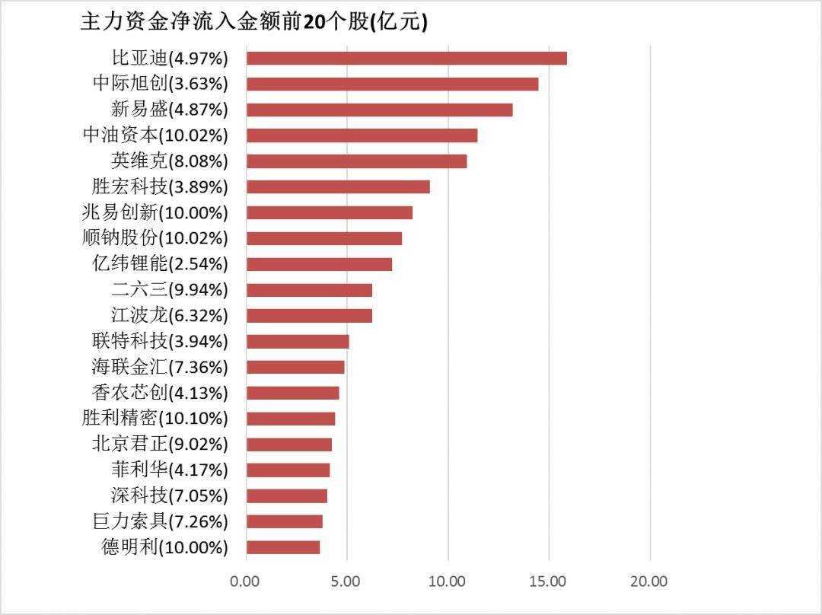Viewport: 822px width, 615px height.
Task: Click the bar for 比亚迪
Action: (x=406, y=58)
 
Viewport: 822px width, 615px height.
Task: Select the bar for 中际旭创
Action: (x=392, y=84)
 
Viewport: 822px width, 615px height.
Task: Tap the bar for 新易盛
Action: (x=379, y=110)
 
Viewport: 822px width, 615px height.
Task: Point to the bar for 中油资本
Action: (x=362, y=135)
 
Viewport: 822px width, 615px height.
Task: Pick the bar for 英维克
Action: (x=356, y=161)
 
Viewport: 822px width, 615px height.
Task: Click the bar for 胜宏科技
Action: (x=338, y=186)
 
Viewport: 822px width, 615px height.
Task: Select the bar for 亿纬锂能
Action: (x=319, y=264)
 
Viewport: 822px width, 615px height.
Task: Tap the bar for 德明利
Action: (x=283, y=546)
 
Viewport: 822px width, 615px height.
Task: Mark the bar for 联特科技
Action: (x=298, y=341)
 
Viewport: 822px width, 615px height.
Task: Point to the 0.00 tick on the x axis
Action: (x=246, y=582)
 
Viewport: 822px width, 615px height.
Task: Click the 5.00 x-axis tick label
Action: (x=346, y=582)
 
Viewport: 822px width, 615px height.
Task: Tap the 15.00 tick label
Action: (x=548, y=582)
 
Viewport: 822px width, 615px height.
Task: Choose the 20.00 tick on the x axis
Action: (x=648, y=582)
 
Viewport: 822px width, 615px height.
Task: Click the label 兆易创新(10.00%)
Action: (x=155, y=212)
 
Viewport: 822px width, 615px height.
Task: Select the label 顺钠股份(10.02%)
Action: (x=155, y=238)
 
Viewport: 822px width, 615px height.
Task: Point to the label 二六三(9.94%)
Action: (x=169, y=290)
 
